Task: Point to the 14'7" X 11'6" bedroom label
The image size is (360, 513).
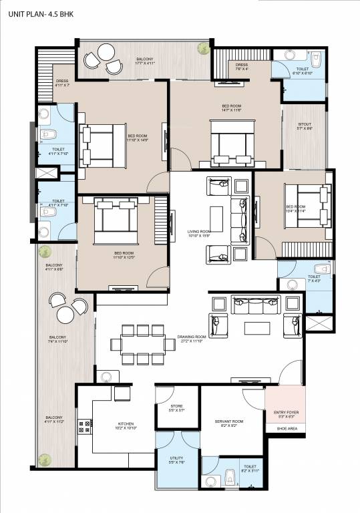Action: tap(231, 108)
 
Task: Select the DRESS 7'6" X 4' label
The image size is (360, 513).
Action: tap(241, 67)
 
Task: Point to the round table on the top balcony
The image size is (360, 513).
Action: tap(106, 52)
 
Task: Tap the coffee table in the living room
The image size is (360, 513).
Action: tap(216, 218)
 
